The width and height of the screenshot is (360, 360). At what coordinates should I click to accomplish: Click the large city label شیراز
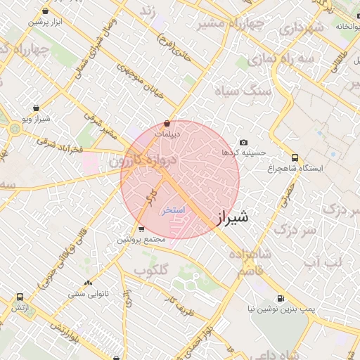pos(229,219)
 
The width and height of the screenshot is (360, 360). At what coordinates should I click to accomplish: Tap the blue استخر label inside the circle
pos(173,210)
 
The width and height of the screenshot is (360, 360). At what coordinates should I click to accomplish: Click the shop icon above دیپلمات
pos(167,123)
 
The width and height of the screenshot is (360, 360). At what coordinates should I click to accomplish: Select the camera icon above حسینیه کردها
pos(244,143)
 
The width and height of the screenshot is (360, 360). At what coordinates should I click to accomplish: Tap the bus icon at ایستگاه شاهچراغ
pos(295,158)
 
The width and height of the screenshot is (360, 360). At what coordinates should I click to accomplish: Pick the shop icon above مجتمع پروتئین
pos(141,229)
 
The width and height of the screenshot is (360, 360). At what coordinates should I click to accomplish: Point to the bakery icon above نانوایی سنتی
pos(88,283)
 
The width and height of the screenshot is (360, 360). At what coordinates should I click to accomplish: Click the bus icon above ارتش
pos(19,297)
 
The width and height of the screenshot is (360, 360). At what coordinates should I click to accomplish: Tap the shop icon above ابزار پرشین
pos(46,12)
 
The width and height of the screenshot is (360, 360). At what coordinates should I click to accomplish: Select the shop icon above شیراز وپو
pos(36,108)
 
